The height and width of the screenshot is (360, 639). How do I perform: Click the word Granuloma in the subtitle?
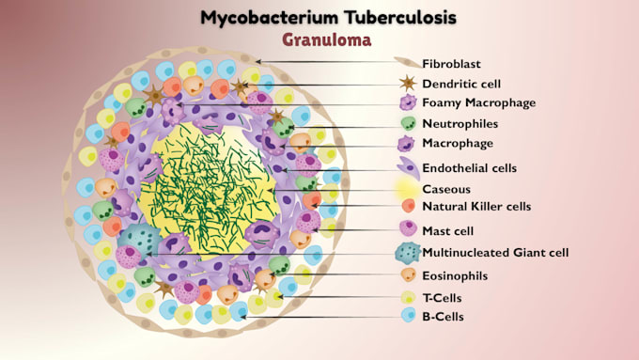coord(326,40)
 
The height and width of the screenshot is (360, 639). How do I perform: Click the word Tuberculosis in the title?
coord(399,18)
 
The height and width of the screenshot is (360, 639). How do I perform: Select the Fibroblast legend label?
coord(451,64)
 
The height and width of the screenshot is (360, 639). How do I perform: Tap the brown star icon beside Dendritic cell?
coord(408,83)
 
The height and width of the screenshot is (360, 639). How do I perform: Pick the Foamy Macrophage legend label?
coord(479,102)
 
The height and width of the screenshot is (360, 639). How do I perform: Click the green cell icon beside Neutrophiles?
coord(408,123)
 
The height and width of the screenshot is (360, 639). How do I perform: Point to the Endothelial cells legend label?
coord(470,168)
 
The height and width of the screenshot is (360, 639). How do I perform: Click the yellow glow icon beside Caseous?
coord(407,189)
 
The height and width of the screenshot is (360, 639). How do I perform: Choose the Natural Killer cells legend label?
coord(476,206)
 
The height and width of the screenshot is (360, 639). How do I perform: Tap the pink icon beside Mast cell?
coord(408,228)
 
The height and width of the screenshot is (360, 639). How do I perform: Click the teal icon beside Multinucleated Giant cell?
coord(408,253)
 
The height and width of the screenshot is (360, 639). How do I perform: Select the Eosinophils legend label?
coord(455,276)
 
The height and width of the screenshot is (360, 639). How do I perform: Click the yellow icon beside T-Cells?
coord(408,297)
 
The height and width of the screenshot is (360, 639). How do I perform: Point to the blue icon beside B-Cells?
coord(409,315)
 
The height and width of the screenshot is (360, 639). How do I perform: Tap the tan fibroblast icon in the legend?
coord(408,62)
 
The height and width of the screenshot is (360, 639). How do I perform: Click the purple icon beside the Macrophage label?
coord(406,144)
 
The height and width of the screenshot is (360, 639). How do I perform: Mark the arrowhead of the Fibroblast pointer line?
coord(257,62)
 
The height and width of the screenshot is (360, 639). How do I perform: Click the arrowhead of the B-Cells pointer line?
coord(242,317)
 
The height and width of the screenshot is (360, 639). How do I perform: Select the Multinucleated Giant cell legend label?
coord(495,253)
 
